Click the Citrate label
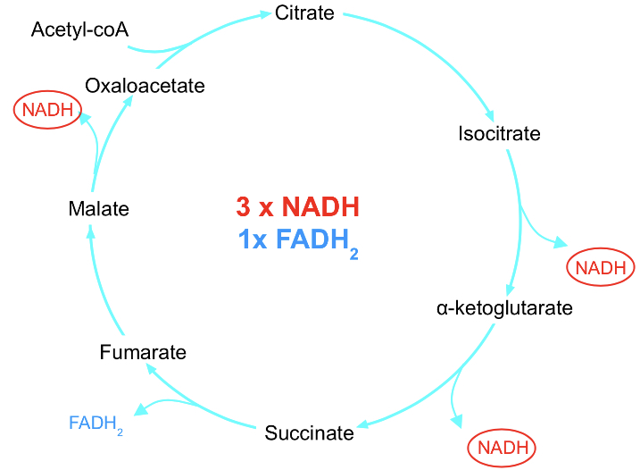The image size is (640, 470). (304, 13)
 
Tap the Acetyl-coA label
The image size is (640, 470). (79, 30)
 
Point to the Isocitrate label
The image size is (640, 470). (499, 134)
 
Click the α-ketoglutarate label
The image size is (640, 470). (504, 309)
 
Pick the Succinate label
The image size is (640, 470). (309, 433)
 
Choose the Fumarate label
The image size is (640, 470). (143, 352)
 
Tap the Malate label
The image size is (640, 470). (98, 209)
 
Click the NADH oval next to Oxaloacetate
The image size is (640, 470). (46, 111)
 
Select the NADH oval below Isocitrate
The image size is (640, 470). (601, 267)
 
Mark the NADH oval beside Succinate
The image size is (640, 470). (503, 447)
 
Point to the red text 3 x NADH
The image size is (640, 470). (297, 207)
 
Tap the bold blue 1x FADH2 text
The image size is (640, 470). (297, 240)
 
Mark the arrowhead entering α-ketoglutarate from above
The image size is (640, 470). (508, 290)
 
